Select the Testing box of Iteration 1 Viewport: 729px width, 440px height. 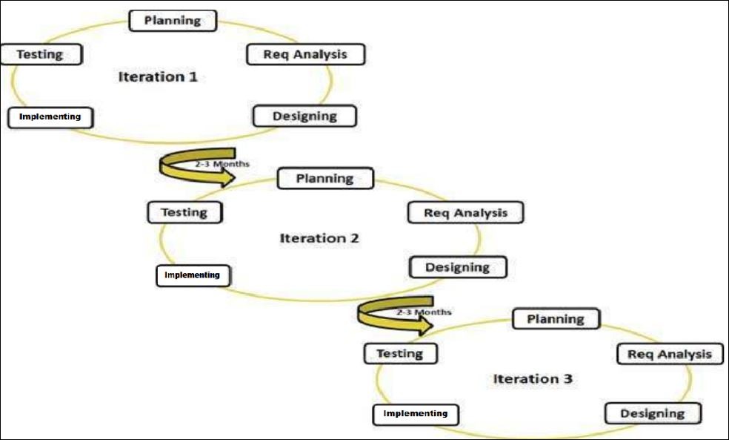pyautogui.click(x=41, y=55)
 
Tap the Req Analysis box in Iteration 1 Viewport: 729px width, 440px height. pyautogui.click(x=304, y=54)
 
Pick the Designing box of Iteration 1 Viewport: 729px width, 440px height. pyautogui.click(x=304, y=116)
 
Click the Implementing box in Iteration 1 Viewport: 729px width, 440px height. pyautogui.click(x=50, y=117)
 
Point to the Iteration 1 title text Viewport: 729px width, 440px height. pyautogui.click(x=158, y=76)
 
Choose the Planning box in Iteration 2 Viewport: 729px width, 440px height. pyautogui.click(x=324, y=178)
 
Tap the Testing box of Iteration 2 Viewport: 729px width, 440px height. pyautogui.click(x=185, y=212)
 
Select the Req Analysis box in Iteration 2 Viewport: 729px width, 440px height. pyautogui.click(x=465, y=213)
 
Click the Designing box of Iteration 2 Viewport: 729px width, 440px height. pyautogui.click(x=458, y=267)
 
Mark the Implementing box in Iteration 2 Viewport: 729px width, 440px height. pyautogui.click(x=193, y=275)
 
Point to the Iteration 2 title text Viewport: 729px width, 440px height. pyautogui.click(x=319, y=238)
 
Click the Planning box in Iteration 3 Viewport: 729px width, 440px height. pyautogui.click(x=556, y=319)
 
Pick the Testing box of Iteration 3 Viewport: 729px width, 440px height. pyautogui.click(x=400, y=353)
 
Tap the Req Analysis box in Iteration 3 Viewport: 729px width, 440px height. pyautogui.click(x=670, y=354)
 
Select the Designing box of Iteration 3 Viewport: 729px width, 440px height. pyautogui.click(x=653, y=413)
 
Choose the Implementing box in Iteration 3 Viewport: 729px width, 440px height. pyautogui.click(x=416, y=413)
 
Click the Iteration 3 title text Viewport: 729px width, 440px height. pyautogui.click(x=533, y=378)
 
